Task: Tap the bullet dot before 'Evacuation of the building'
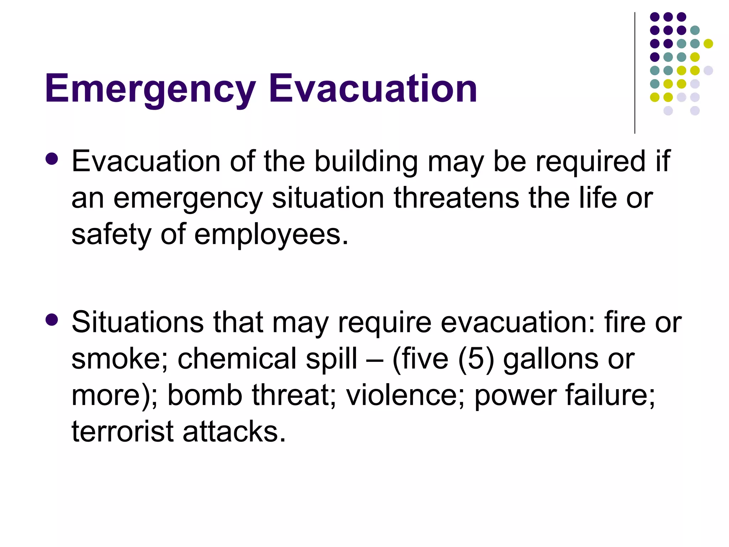[52, 159]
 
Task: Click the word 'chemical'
[237, 359]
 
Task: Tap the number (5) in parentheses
[476, 359]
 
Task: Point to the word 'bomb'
[205, 395]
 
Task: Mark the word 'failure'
[610, 395]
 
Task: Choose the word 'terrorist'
[122, 431]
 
